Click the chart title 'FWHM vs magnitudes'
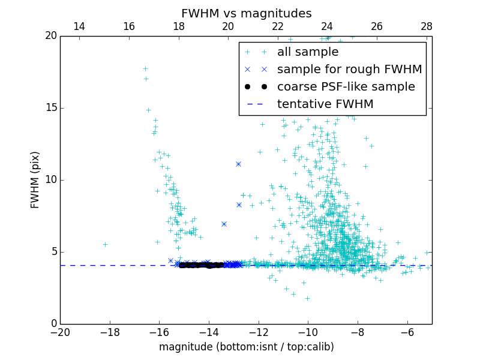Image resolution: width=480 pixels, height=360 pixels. point(246,13)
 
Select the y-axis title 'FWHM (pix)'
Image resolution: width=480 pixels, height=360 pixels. point(35,180)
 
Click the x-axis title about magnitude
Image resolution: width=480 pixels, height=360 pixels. point(246,347)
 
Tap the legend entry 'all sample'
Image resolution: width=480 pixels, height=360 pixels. point(308,52)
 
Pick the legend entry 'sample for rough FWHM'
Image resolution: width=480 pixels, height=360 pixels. point(349,70)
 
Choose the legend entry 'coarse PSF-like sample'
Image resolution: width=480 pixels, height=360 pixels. point(346,87)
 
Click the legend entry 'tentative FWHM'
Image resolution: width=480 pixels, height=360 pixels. point(325,104)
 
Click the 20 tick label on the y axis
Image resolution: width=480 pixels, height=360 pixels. point(50,36)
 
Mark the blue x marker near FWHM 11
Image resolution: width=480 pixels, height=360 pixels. point(238,164)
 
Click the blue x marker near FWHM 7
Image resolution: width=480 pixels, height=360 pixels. point(224,224)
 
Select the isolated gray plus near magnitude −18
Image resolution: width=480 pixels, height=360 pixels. point(105,244)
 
